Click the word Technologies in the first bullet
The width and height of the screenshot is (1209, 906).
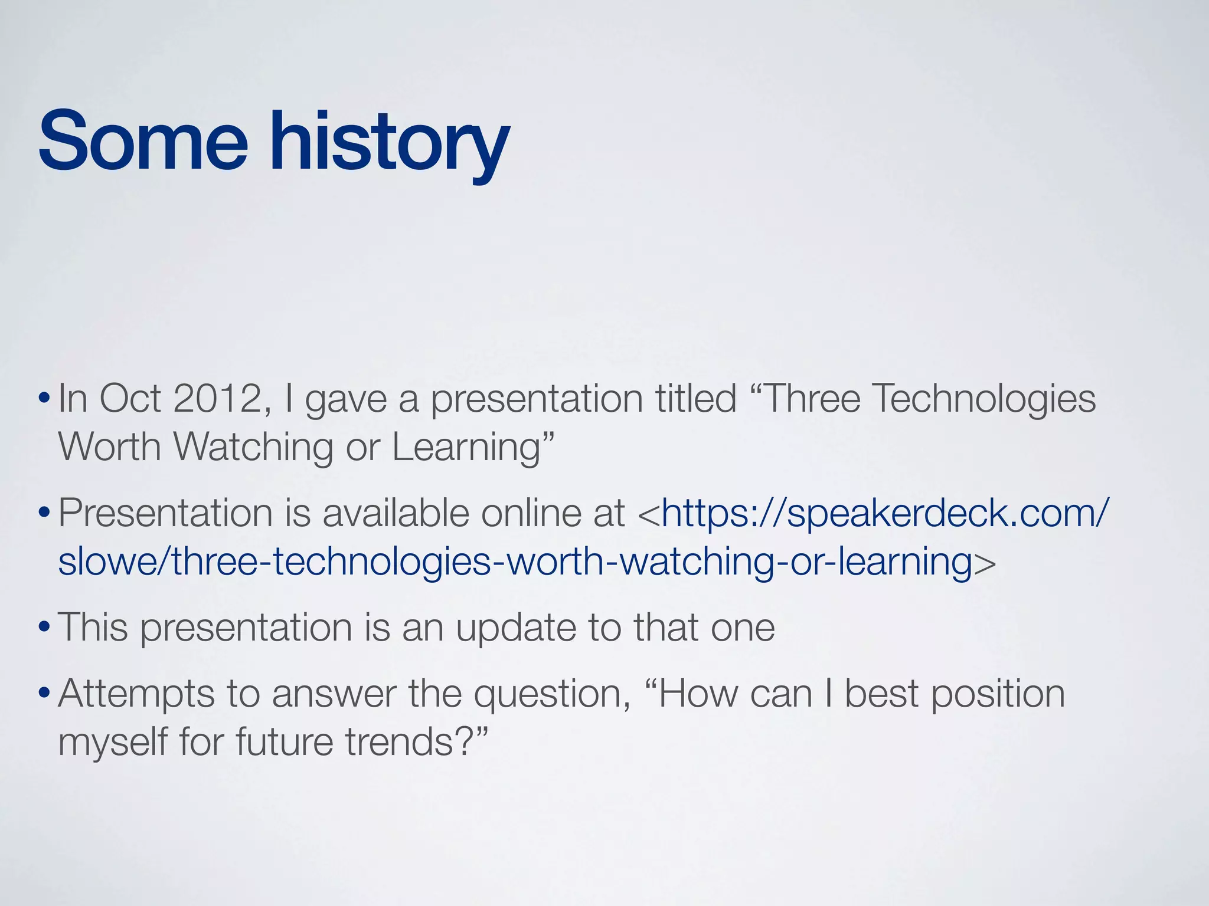pos(983,399)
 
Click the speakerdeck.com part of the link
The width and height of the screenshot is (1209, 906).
pos(939,513)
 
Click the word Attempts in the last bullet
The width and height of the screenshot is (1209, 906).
pos(136,694)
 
